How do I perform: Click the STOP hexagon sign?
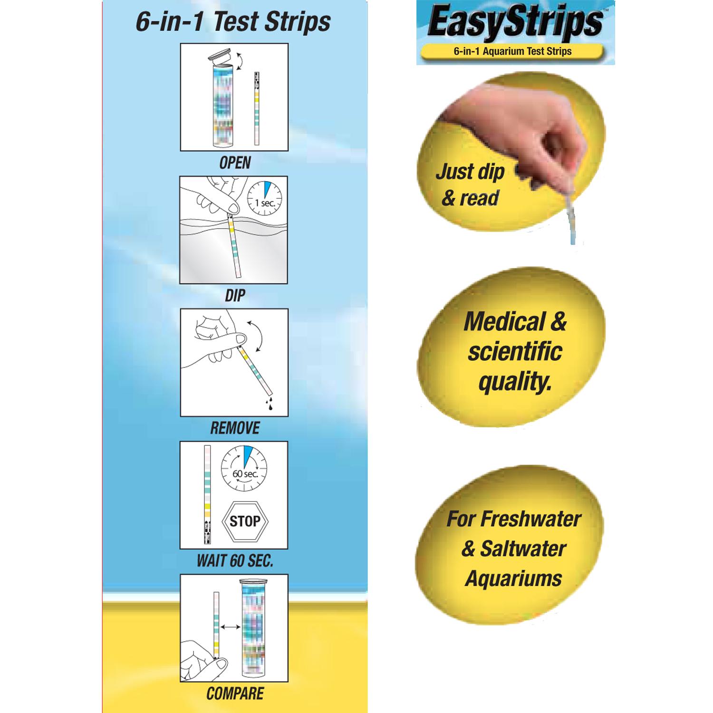click(x=245, y=521)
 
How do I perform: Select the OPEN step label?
click(x=235, y=163)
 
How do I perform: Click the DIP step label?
click(x=235, y=296)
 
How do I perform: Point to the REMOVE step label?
click(x=235, y=428)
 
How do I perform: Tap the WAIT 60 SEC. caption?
click(x=235, y=561)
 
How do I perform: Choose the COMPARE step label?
click(x=235, y=693)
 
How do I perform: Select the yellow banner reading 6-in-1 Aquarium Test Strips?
click(x=512, y=51)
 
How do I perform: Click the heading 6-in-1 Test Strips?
click(x=233, y=22)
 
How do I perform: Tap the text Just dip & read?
click(x=470, y=184)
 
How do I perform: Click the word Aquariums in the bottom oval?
click(x=513, y=579)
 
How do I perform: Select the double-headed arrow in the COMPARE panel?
click(x=231, y=627)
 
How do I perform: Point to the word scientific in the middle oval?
click(x=515, y=352)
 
